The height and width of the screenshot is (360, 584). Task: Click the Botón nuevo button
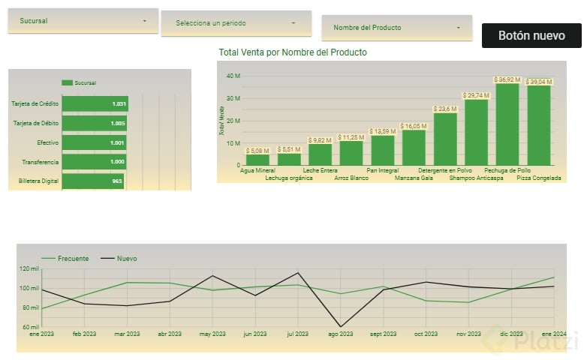(531, 35)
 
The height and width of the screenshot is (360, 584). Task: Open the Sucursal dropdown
(83, 21)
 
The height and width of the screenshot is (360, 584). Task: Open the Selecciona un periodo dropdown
(236, 23)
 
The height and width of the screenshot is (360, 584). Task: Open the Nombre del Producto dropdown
(396, 28)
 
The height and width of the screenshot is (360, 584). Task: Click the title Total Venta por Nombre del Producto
(293, 52)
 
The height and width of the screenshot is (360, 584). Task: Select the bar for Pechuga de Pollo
(507, 124)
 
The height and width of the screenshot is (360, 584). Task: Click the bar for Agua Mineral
(257, 159)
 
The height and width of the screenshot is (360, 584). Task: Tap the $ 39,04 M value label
(539, 82)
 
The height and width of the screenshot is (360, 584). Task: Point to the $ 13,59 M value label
(383, 132)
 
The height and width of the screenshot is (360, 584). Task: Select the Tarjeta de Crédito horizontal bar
(95, 103)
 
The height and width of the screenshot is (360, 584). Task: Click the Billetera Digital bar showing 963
(92, 181)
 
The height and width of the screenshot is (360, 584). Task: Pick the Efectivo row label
(48, 142)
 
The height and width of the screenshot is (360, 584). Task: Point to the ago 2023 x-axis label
(342, 334)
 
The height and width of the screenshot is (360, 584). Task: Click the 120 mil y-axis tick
(29, 268)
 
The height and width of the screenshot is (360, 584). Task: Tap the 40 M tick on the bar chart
(233, 76)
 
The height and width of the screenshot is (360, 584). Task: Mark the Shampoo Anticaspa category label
(477, 178)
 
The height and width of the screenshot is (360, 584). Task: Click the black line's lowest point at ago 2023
(342, 326)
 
